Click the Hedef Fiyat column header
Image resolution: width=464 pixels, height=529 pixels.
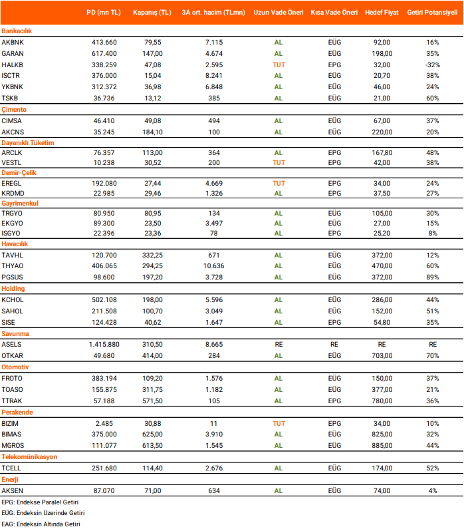[382, 13]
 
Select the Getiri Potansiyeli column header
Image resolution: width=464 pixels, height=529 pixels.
[433, 13]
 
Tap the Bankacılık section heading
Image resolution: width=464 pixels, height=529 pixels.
[17, 31]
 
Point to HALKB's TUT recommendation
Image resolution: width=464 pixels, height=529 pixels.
[279, 65]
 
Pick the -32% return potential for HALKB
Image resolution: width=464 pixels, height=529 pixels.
[433, 65]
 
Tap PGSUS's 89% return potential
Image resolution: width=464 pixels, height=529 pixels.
[433, 277]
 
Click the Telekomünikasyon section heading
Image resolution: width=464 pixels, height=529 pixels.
[30, 457]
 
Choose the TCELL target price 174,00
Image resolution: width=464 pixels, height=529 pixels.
[382, 468]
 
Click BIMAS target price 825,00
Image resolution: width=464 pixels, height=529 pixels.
[382, 435]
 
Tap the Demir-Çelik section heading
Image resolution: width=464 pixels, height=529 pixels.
[21, 173]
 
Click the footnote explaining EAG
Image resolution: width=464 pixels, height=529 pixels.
[41, 524]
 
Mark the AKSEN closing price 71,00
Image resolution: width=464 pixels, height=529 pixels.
[153, 490]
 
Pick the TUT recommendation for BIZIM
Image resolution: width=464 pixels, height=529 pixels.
[279, 423]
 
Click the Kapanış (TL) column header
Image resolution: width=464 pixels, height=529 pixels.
[152, 13]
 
